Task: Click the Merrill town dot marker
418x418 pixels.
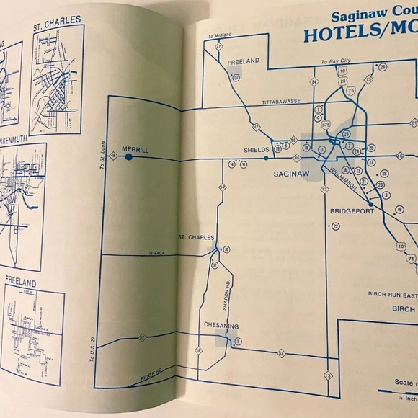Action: coord(129,156)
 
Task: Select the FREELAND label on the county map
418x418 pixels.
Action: coord(243,62)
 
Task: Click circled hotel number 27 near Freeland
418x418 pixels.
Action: coord(287,77)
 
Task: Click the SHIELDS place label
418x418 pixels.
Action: coord(257,150)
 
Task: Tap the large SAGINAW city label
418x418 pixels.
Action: coord(292,174)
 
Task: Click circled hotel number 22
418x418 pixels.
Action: coord(335,226)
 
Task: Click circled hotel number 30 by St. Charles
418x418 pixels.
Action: coord(226,249)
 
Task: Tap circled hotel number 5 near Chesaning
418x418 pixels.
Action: coord(238,341)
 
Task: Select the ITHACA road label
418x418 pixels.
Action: coord(157,252)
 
